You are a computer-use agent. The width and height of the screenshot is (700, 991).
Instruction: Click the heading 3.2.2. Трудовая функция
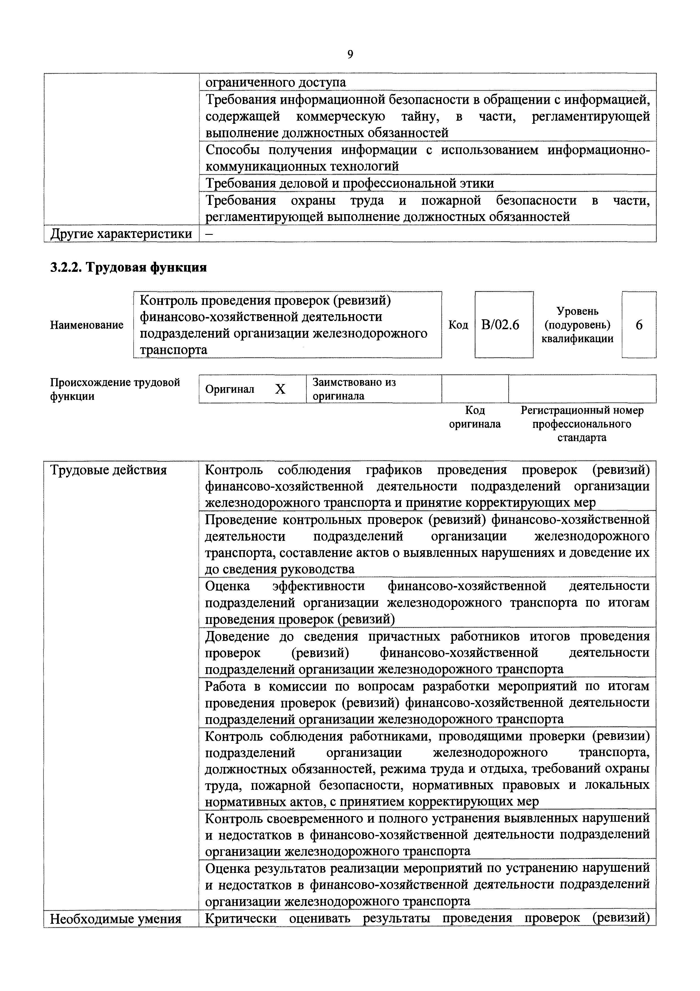click(x=128, y=268)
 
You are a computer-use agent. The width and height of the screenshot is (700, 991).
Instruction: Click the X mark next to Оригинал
click(x=280, y=390)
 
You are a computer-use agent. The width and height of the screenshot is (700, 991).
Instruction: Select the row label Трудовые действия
click(x=108, y=470)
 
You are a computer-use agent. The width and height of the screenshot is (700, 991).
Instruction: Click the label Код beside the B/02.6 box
click(x=458, y=325)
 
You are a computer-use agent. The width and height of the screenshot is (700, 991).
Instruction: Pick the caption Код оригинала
click(x=475, y=417)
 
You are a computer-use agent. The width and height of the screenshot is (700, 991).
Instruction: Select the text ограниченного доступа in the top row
click(x=276, y=82)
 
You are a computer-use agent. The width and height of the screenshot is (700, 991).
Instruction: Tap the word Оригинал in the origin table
click(x=230, y=389)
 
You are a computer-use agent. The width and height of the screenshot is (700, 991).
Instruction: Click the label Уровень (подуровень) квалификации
click(x=577, y=325)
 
